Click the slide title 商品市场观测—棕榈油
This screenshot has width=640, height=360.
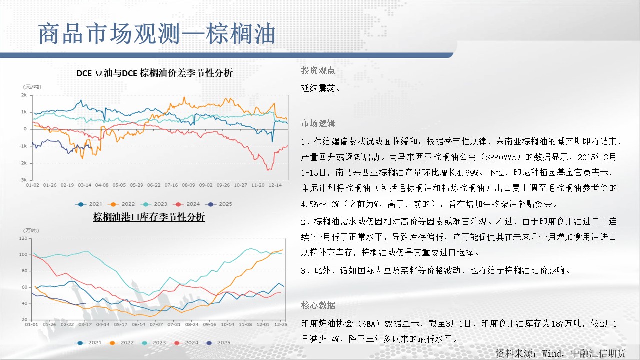point(157,34)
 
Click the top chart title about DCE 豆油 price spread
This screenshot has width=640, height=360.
point(154,73)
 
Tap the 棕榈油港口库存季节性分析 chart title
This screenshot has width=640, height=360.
point(149,217)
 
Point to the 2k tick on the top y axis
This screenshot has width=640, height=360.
point(24,95)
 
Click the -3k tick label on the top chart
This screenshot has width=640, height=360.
point(23,180)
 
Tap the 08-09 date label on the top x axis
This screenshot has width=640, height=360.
point(188,185)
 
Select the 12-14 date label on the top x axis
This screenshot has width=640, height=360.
point(275,185)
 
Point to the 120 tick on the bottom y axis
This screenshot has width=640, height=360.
point(23,238)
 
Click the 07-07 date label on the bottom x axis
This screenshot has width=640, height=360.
point(156,325)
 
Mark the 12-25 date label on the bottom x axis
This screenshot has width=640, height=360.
point(281,325)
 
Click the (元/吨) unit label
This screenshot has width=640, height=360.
point(32,87)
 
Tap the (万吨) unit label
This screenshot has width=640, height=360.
point(31,230)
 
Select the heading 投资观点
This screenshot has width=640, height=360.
point(318,70)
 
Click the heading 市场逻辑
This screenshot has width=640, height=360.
point(318,123)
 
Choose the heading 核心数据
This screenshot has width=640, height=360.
point(318,305)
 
